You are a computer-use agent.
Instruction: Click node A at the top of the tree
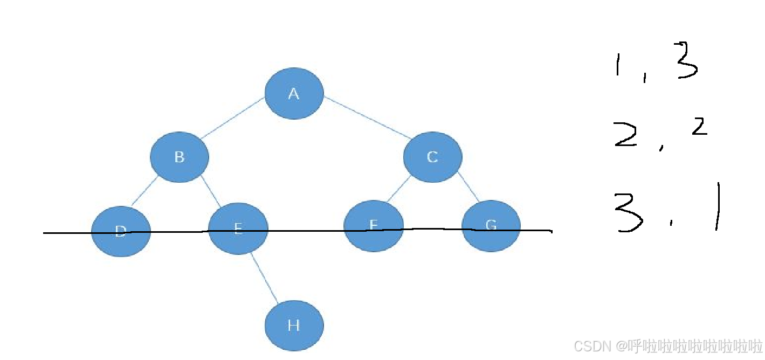pyautogui.click(x=294, y=93)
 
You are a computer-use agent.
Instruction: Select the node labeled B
pyautogui.click(x=180, y=157)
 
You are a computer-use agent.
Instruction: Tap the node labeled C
pyautogui.click(x=432, y=156)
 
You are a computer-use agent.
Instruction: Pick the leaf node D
pyautogui.click(x=121, y=231)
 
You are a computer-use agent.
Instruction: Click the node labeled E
pyautogui.click(x=238, y=229)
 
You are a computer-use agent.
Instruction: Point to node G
pyautogui.click(x=491, y=225)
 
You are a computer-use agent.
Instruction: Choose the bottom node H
pyautogui.click(x=294, y=325)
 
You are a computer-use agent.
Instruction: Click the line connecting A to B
pyautogui.click(x=233, y=117)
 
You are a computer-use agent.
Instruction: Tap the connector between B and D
pyautogui.click(x=144, y=191)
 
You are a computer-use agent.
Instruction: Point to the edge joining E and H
pyautogui.click(x=264, y=278)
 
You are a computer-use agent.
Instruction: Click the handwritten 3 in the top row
pyautogui.click(x=686, y=61)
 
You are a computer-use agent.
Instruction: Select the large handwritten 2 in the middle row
pyautogui.click(x=625, y=134)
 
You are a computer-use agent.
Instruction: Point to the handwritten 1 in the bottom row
pyautogui.click(x=718, y=207)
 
